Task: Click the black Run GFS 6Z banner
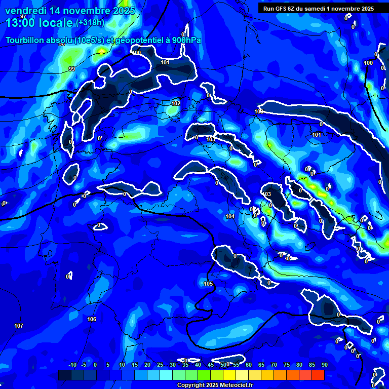coord(319,9)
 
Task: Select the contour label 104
coord(230,216)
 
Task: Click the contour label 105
coord(208,284)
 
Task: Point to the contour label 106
coord(92,319)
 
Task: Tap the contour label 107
coord(19,325)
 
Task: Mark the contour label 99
coord(72,69)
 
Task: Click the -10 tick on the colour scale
coord(72,365)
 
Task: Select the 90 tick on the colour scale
coord(324,365)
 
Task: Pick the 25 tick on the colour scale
coord(160,365)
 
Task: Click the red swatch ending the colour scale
coord(318,375)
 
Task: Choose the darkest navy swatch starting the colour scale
coord(65,375)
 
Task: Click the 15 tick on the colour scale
coord(135,365)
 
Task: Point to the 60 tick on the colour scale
coord(249,365)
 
